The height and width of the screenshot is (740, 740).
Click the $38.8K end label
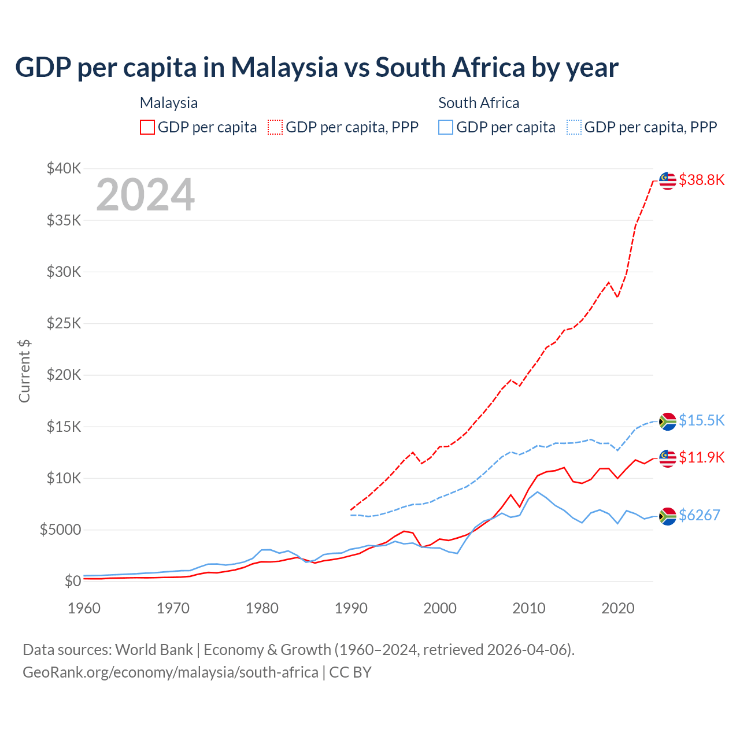pos(701,180)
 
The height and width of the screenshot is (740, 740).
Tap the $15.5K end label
pos(701,420)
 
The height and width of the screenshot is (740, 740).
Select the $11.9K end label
pos(701,457)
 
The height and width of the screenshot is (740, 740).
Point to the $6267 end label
pos(699,515)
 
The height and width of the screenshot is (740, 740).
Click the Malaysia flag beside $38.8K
pos(668,180)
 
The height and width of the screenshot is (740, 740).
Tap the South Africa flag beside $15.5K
pos(668,421)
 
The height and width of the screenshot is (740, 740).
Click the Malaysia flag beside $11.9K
pos(668,458)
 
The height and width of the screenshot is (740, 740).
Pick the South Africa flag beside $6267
pos(668,516)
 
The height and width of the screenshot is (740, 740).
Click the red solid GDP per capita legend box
pos(147,127)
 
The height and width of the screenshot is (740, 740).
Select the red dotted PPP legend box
pos(275,127)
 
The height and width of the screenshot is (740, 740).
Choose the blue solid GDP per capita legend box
pos(446,127)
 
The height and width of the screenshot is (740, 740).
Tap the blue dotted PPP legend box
pos(573,127)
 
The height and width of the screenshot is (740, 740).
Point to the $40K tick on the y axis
pos(64,168)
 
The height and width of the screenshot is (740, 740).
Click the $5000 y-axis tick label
pos(60,530)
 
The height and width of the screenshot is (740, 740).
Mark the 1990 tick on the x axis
pos(351,608)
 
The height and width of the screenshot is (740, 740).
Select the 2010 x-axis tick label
pos(529,608)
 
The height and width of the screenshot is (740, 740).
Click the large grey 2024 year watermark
pos(145,195)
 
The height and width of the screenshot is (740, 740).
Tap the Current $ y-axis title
pos(24,371)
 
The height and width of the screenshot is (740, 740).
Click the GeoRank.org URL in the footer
pos(171,672)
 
